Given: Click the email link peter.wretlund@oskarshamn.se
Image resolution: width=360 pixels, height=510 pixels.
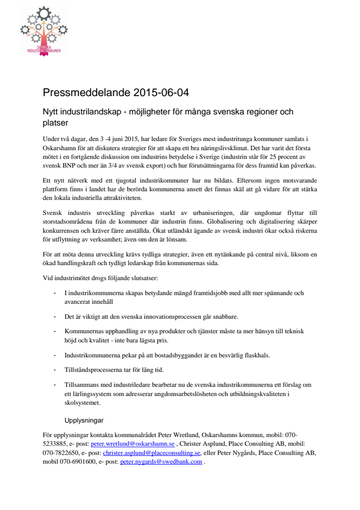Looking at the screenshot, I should tap(133, 443).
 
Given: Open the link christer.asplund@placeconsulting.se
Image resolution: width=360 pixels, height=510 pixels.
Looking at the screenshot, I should tap(152, 453).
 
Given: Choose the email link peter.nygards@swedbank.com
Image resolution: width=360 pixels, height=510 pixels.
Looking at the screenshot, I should tap(161, 462).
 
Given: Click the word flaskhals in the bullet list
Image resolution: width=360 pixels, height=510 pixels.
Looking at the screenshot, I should tap(257, 355).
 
